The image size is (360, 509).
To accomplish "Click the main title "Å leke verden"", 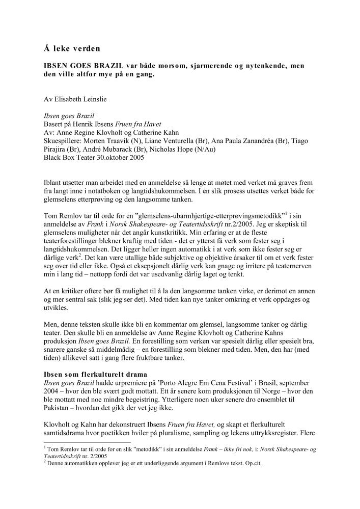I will click(x=71, y=49).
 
